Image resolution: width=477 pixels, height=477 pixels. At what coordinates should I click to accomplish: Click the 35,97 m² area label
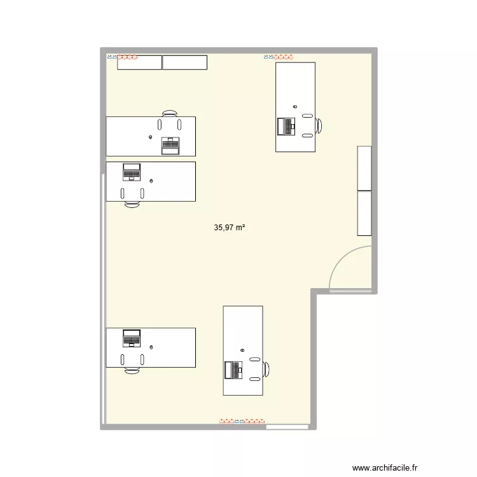tap(230, 226)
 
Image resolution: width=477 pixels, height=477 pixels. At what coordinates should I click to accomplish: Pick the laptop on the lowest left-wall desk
tap(132, 338)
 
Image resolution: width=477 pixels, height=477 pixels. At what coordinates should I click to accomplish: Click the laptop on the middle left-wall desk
tap(132, 172)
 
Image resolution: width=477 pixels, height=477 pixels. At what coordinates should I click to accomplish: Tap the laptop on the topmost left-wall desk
tap(170, 146)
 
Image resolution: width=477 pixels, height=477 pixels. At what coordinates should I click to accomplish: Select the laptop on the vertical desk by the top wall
tap(286, 127)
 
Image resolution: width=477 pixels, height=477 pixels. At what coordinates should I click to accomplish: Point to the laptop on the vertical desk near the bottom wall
tap(233, 370)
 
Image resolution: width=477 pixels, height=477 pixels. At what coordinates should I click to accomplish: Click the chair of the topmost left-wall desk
tap(170, 114)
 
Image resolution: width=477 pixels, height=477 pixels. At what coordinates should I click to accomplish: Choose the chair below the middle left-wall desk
tap(132, 204)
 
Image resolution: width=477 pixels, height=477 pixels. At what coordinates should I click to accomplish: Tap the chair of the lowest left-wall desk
tap(132, 370)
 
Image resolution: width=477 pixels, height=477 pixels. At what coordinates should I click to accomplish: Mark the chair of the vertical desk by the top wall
tap(320, 126)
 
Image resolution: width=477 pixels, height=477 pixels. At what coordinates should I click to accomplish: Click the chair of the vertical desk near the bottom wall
tap(267, 370)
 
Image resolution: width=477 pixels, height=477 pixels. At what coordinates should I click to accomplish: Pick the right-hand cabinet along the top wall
tap(185, 62)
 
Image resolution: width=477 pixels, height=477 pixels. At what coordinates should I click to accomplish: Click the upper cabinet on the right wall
tap(364, 168)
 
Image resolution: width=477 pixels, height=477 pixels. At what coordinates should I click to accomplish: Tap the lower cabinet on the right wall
tap(364, 213)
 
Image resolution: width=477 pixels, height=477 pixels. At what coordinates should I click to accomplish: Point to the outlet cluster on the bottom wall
tap(242, 421)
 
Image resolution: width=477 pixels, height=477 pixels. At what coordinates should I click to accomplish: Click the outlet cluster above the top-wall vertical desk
tap(278, 57)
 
